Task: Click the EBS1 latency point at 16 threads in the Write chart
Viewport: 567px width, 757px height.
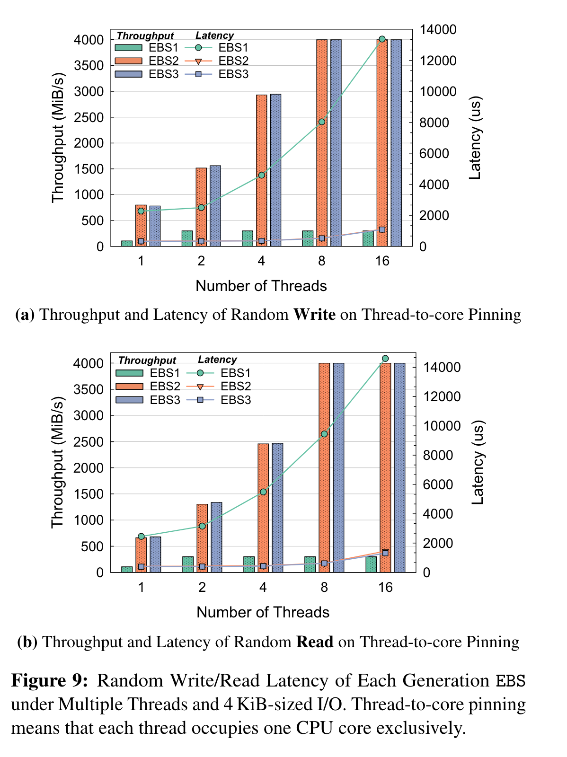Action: (382, 39)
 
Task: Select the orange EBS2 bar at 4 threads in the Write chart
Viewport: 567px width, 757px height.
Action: (262, 170)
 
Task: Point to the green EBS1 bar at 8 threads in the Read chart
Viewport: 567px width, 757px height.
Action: (310, 564)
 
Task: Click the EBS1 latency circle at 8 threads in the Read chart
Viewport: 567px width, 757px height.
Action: (324, 434)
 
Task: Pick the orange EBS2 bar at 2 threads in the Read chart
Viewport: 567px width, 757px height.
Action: (202, 538)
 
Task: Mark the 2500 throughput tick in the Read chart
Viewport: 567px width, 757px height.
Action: (90, 442)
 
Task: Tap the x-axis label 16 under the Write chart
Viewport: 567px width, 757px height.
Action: (382, 261)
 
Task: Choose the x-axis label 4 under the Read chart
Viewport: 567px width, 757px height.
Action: (263, 588)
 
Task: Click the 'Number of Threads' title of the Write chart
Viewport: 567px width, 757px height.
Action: (261, 286)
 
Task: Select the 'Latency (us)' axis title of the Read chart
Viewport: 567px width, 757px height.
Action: (478, 463)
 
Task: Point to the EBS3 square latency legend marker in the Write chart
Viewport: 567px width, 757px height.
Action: (199, 74)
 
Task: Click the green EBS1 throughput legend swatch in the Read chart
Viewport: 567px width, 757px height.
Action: (129, 373)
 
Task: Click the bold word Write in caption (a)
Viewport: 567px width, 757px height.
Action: (314, 315)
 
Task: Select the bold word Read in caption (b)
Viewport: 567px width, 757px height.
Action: (315, 642)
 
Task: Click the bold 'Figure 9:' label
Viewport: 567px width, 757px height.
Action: (50, 681)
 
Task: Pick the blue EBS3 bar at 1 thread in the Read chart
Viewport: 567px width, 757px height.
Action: (155, 555)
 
